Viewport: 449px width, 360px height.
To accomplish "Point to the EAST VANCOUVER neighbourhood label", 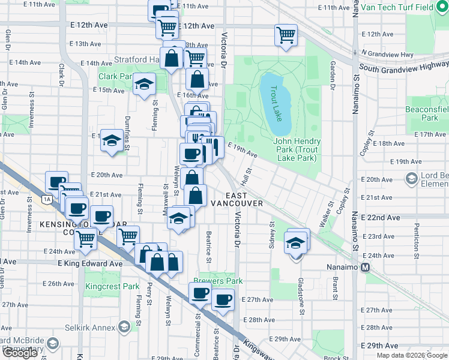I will pos(237,200).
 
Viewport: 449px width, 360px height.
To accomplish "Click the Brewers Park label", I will pos(218,281).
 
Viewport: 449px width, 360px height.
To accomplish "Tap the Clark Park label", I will pos(115,77).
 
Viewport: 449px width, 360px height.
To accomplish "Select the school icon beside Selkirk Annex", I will pos(124,327).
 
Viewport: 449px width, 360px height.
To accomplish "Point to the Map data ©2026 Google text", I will pos(411,355).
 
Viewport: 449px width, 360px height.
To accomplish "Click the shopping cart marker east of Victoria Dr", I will pos(286,34).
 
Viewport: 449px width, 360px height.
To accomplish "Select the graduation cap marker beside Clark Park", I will pos(144,85).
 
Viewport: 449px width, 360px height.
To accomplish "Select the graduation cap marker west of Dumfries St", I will pos(112,141).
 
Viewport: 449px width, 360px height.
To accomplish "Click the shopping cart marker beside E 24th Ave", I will pos(86,239).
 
